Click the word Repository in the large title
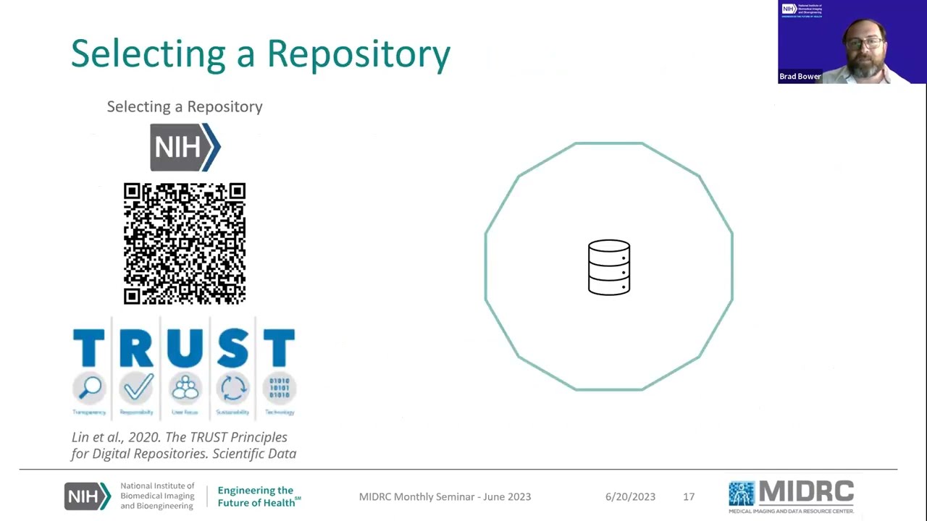[x=358, y=54]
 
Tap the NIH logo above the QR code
[x=185, y=147]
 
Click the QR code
[x=185, y=243]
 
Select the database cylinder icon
[x=609, y=267]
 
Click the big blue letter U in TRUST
[x=185, y=348]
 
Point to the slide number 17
[x=689, y=496]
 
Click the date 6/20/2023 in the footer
[x=630, y=496]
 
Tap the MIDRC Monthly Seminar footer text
[x=445, y=496]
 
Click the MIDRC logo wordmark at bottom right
[x=806, y=492]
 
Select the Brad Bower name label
[x=800, y=76]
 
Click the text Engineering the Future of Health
[x=257, y=496]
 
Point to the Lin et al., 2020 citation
[x=183, y=445]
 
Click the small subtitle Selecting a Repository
[x=185, y=106]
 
